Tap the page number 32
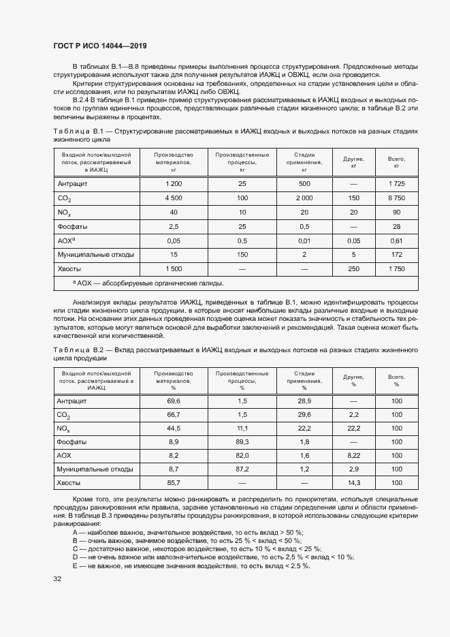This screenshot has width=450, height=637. click(57, 579)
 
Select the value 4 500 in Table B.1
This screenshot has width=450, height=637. click(174, 198)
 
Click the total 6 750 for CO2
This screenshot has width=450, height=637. click(396, 198)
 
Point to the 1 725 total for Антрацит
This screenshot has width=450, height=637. click(396, 184)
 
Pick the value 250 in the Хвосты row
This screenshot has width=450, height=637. click(353, 268)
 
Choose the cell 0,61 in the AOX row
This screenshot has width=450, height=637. click(396, 240)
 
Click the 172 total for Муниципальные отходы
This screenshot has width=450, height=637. click(396, 255)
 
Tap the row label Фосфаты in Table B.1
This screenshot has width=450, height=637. click(71, 226)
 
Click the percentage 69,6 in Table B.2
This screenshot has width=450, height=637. click(174, 401)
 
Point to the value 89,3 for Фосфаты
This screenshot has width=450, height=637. click(242, 441)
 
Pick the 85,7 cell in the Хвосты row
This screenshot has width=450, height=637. click(174, 482)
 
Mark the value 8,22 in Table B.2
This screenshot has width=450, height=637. click(353, 455)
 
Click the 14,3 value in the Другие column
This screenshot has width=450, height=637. click(353, 482)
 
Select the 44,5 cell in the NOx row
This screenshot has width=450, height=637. click(174, 428)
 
